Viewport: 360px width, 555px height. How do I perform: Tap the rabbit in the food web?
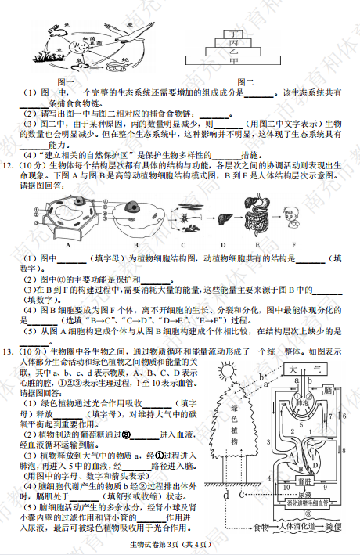(x=56, y=33)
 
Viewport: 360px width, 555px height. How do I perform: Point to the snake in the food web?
(x=124, y=60)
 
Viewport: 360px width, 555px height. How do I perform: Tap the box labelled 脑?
(x=329, y=389)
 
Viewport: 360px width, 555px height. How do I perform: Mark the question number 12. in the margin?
(x=9, y=166)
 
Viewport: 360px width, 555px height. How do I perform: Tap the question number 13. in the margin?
(x=9, y=351)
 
